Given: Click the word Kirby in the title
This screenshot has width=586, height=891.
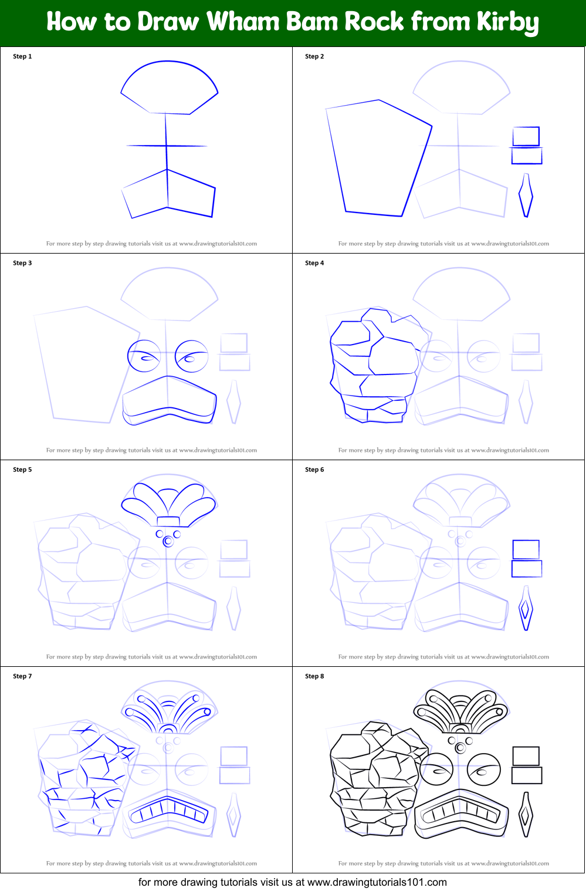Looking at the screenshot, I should click(507, 22).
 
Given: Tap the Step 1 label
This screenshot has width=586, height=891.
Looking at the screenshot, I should click(22, 56).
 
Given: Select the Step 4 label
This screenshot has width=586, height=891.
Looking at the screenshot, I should click(314, 263).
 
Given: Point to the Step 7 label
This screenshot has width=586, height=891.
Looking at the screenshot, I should click(22, 676).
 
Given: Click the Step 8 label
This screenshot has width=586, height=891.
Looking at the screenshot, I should click(314, 676).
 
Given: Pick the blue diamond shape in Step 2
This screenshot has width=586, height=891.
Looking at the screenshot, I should click(526, 195).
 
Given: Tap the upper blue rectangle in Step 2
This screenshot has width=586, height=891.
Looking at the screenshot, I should click(526, 136).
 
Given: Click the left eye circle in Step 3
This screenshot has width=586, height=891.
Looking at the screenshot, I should click(144, 356).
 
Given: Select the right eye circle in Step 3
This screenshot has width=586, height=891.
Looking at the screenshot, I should click(191, 356).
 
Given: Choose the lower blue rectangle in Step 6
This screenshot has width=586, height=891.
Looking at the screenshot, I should click(527, 569).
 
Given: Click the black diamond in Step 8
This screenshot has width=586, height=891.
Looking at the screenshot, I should click(526, 815).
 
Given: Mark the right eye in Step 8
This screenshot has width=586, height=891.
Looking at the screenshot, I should click(484, 769).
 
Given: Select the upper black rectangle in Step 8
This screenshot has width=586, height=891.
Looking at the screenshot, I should click(526, 755).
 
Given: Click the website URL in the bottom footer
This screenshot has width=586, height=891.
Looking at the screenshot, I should click(377, 882).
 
